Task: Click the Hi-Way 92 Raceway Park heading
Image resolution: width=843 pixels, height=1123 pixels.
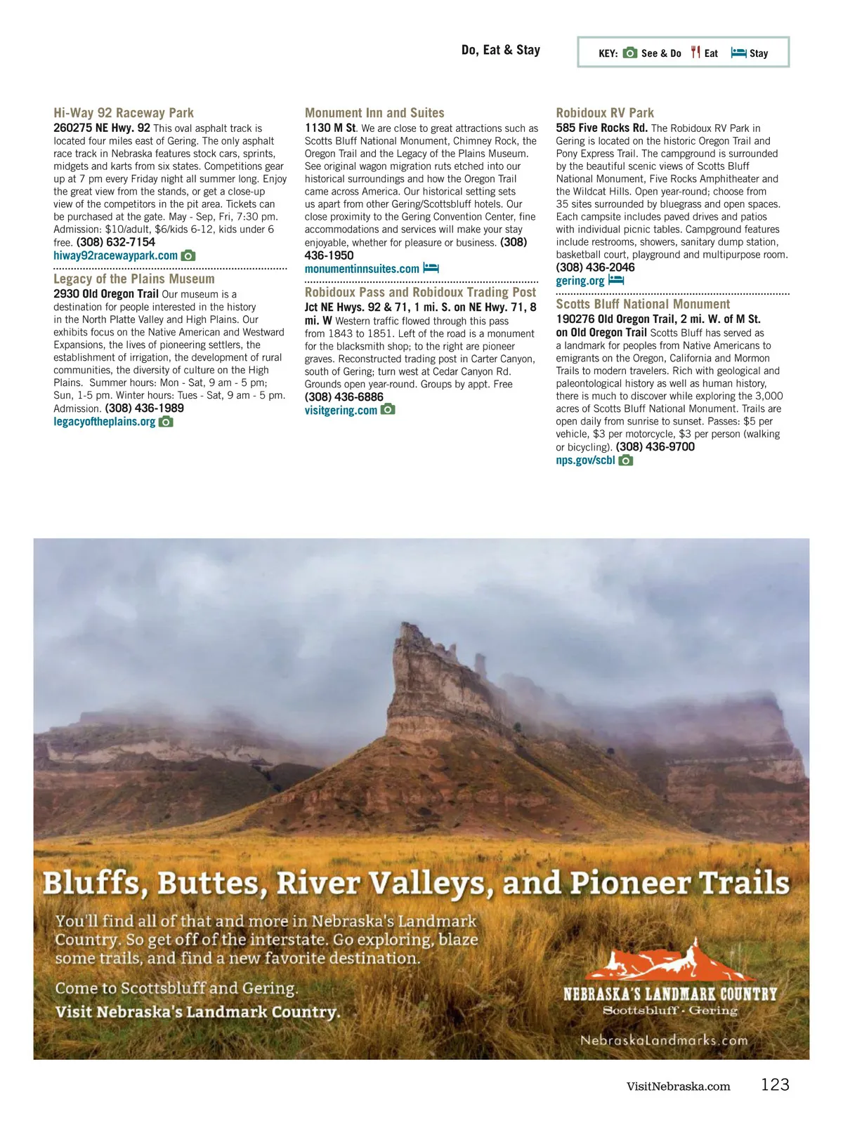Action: (124, 113)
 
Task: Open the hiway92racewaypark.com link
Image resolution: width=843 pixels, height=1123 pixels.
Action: (115, 255)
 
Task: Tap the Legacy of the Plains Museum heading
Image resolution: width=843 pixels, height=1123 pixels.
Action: (134, 279)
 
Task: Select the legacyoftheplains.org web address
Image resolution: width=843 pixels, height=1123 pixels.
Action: (104, 422)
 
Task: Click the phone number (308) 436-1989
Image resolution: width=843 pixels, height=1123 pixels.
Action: (144, 408)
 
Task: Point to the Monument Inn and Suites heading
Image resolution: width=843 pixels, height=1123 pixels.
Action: (374, 113)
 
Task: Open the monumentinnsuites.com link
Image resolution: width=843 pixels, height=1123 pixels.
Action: (362, 269)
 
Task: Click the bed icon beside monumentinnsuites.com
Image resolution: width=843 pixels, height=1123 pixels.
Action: (431, 268)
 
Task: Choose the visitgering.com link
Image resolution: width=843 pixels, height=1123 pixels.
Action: (341, 410)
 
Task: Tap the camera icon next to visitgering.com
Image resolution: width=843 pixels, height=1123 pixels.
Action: (388, 409)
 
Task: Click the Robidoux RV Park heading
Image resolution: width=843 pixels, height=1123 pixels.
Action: (605, 113)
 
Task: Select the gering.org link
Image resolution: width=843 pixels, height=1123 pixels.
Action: (580, 281)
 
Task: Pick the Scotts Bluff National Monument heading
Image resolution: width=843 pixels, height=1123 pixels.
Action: (643, 304)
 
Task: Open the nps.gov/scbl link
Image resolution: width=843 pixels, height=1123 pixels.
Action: (585, 460)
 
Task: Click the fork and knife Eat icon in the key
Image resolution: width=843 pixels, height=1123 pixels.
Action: (695, 53)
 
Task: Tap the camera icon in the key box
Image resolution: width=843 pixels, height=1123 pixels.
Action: (630, 53)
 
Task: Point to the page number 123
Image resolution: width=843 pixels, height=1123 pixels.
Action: (775, 1084)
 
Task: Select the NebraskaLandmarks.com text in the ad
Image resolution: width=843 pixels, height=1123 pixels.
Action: (664, 1040)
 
